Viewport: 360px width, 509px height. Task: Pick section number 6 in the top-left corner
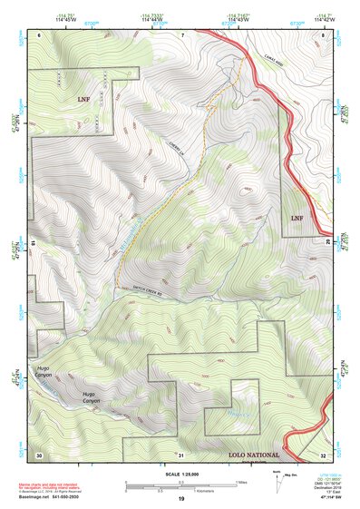pyautogui.click(x=39, y=34)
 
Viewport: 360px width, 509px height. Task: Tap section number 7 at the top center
pyautogui.click(x=181, y=34)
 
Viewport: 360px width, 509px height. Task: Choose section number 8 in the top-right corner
pyautogui.click(x=324, y=34)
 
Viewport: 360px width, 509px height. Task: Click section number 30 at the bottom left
pyautogui.click(x=39, y=454)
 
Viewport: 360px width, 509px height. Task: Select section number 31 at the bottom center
pyautogui.click(x=181, y=454)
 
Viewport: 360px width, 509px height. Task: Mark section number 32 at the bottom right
pyautogui.click(x=323, y=454)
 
